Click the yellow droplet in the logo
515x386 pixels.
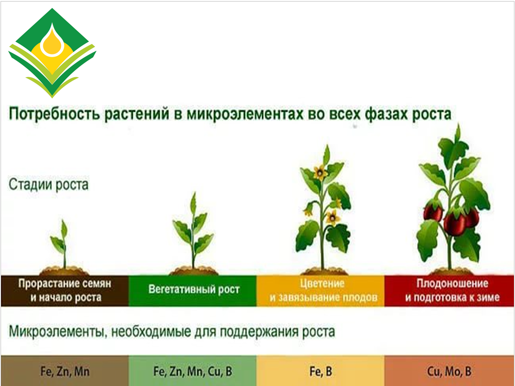point(52,41)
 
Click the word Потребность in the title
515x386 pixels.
point(53,114)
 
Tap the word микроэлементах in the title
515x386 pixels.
point(245,114)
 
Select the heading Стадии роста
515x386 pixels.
point(49,185)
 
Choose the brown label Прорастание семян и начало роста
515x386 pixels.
point(65,290)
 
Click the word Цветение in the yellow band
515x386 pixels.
point(322,283)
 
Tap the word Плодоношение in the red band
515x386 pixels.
point(452,283)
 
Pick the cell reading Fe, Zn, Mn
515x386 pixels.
point(65,371)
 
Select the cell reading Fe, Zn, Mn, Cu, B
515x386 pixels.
point(192,371)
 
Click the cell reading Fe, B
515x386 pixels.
point(320,371)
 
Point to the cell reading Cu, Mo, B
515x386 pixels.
point(449,371)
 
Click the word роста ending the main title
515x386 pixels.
point(431,115)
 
